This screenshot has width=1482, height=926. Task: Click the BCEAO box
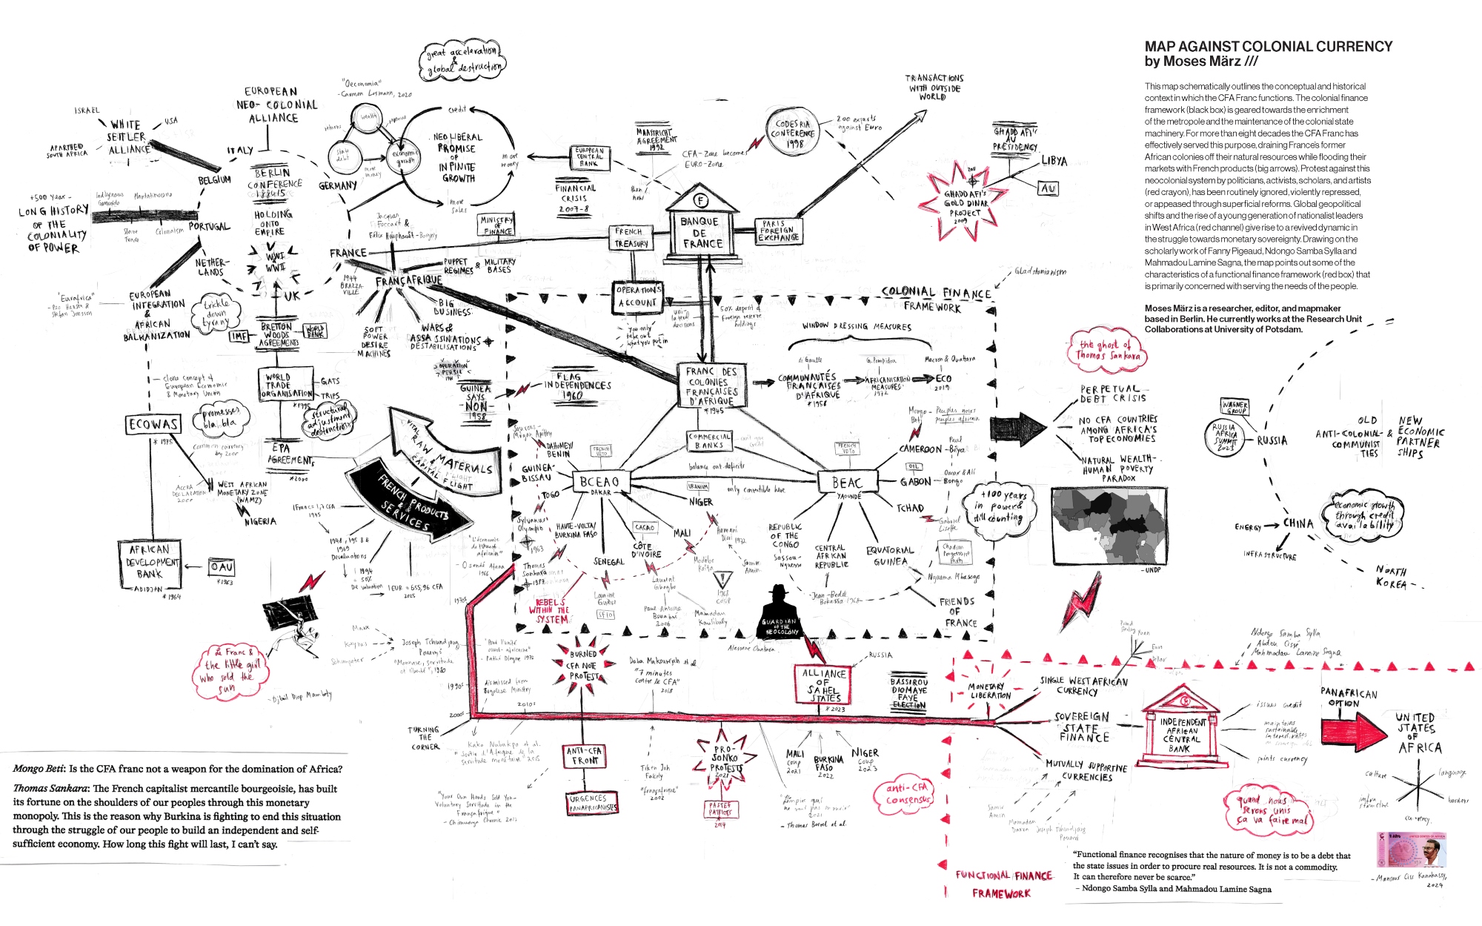point(599,483)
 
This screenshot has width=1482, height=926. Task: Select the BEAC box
point(846,483)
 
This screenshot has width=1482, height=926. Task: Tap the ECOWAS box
point(153,424)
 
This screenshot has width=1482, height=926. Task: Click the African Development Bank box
point(150,562)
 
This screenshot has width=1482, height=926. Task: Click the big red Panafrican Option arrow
point(1358,730)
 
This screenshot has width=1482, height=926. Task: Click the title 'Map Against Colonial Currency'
point(1268,47)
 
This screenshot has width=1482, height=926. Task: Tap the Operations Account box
point(637,297)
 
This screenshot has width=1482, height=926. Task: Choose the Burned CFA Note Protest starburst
point(584,665)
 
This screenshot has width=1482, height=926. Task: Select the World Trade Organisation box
point(287,386)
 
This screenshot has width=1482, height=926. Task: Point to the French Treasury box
point(631,237)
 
